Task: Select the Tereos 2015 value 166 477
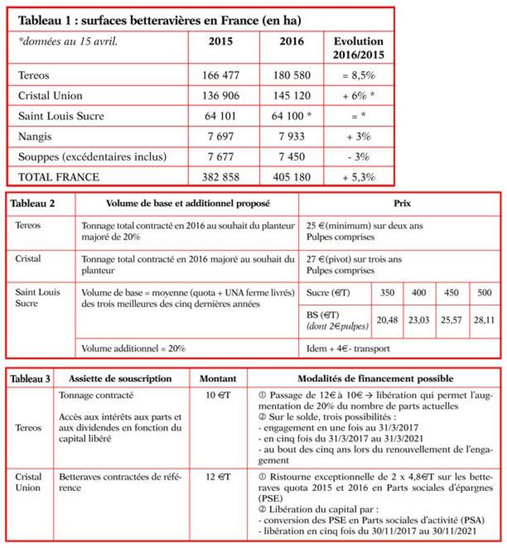(x=221, y=75)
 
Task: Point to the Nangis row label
(x=37, y=137)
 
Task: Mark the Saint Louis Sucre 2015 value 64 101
(x=221, y=116)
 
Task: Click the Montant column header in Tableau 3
(x=217, y=378)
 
